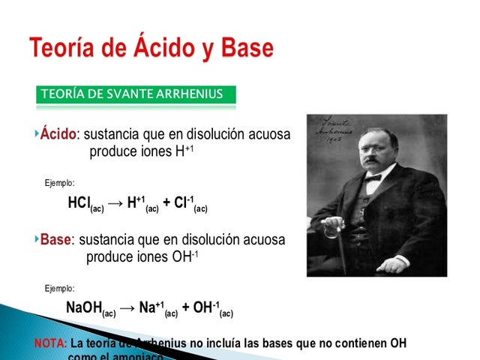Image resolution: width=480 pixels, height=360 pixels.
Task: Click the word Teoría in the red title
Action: (x=64, y=47)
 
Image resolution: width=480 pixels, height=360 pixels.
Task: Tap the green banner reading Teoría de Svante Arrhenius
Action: (x=136, y=94)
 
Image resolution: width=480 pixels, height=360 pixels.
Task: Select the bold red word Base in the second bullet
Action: (x=55, y=240)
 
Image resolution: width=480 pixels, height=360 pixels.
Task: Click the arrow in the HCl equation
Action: (x=115, y=203)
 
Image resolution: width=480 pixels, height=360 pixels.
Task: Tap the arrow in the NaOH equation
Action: (x=127, y=308)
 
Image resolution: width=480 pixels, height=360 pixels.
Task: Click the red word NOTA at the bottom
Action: (x=50, y=343)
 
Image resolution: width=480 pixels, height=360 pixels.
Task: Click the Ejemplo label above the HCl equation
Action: (x=60, y=182)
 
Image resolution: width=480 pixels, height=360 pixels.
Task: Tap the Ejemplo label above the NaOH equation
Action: (x=60, y=288)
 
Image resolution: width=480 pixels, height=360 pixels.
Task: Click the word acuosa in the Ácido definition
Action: (x=267, y=134)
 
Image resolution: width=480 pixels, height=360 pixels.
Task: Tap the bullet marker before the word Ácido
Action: (x=36, y=133)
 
